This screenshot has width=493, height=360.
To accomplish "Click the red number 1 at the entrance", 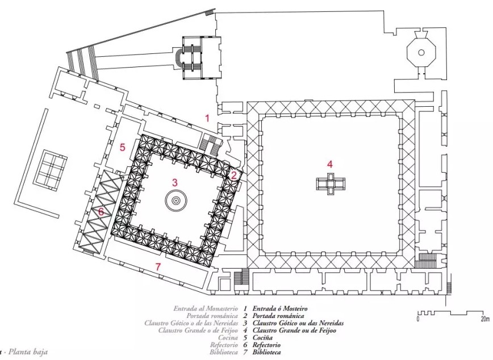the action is [207, 118].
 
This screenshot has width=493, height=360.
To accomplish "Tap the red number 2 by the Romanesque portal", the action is [233, 175].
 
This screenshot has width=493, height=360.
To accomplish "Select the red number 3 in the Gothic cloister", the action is [175, 182].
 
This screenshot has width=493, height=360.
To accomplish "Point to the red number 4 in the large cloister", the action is [329, 164].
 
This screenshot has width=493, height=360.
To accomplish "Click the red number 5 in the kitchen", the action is [122, 147].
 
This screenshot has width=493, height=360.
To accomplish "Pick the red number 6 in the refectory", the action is [101, 212].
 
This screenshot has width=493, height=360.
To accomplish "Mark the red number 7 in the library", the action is [158, 267].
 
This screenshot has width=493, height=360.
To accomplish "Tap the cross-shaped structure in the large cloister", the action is [331, 183].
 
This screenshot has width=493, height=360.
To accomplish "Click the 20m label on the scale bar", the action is [485, 319].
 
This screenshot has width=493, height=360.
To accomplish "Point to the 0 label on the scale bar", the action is [418, 319].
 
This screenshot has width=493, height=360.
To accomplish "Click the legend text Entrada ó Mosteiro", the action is [280, 309].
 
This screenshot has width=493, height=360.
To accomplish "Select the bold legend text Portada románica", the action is [278, 316].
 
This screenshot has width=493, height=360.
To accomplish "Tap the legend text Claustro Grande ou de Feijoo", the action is [294, 330].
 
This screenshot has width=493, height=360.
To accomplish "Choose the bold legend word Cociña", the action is [262, 338].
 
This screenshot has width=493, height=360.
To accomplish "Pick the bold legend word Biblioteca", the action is [266, 352].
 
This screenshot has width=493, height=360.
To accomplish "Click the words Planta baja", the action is [28, 351].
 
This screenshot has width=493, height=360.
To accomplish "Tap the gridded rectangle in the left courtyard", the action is [51, 170].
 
